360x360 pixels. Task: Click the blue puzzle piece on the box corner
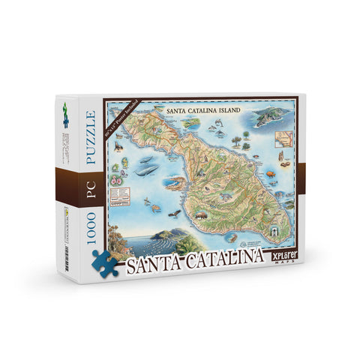[x=106, y=262]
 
